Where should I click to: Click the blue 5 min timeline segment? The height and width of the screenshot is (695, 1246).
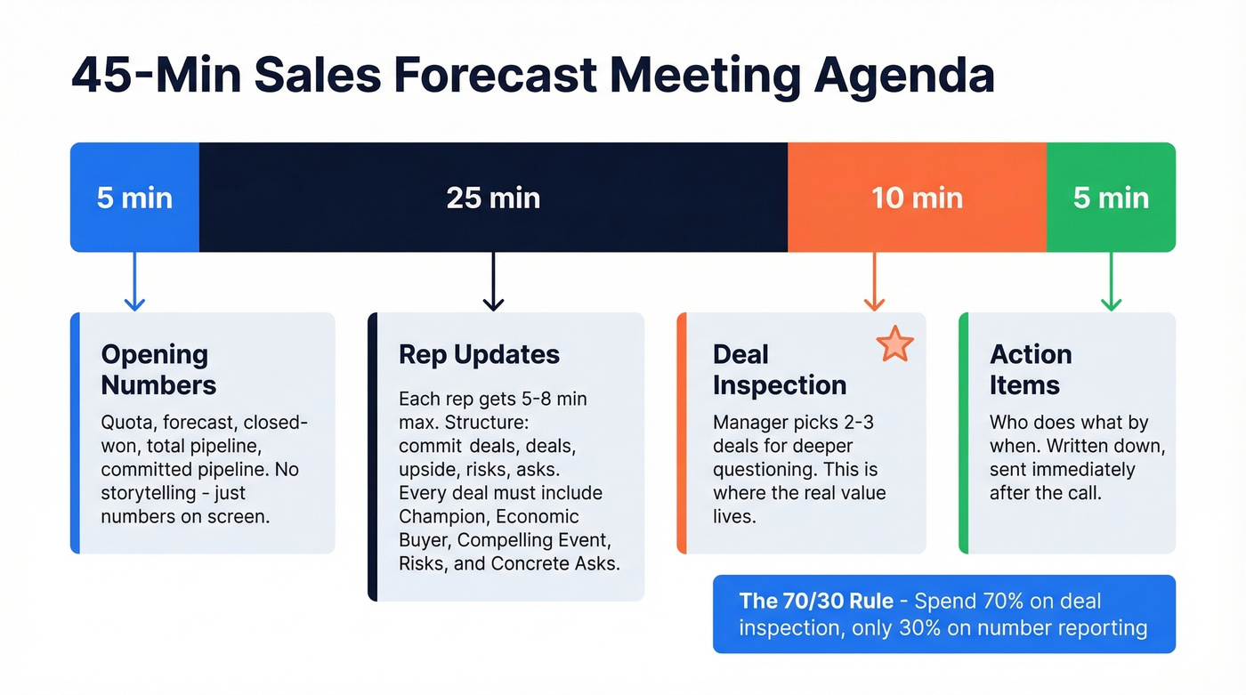click(x=134, y=197)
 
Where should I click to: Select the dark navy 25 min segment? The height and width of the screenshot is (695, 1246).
click(x=493, y=197)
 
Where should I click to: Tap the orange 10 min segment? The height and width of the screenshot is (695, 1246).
click(x=917, y=197)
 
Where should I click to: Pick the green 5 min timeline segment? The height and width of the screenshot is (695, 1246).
click(x=1111, y=197)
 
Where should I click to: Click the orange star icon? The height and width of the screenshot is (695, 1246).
click(x=894, y=343)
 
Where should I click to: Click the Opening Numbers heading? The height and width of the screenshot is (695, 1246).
click(x=158, y=369)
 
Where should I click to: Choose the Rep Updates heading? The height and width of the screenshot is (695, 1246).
click(x=479, y=354)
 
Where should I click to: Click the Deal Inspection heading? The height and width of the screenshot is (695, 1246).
click(x=780, y=369)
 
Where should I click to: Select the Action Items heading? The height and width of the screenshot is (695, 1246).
click(x=1031, y=369)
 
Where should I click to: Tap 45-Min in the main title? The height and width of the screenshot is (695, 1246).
click(x=153, y=77)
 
